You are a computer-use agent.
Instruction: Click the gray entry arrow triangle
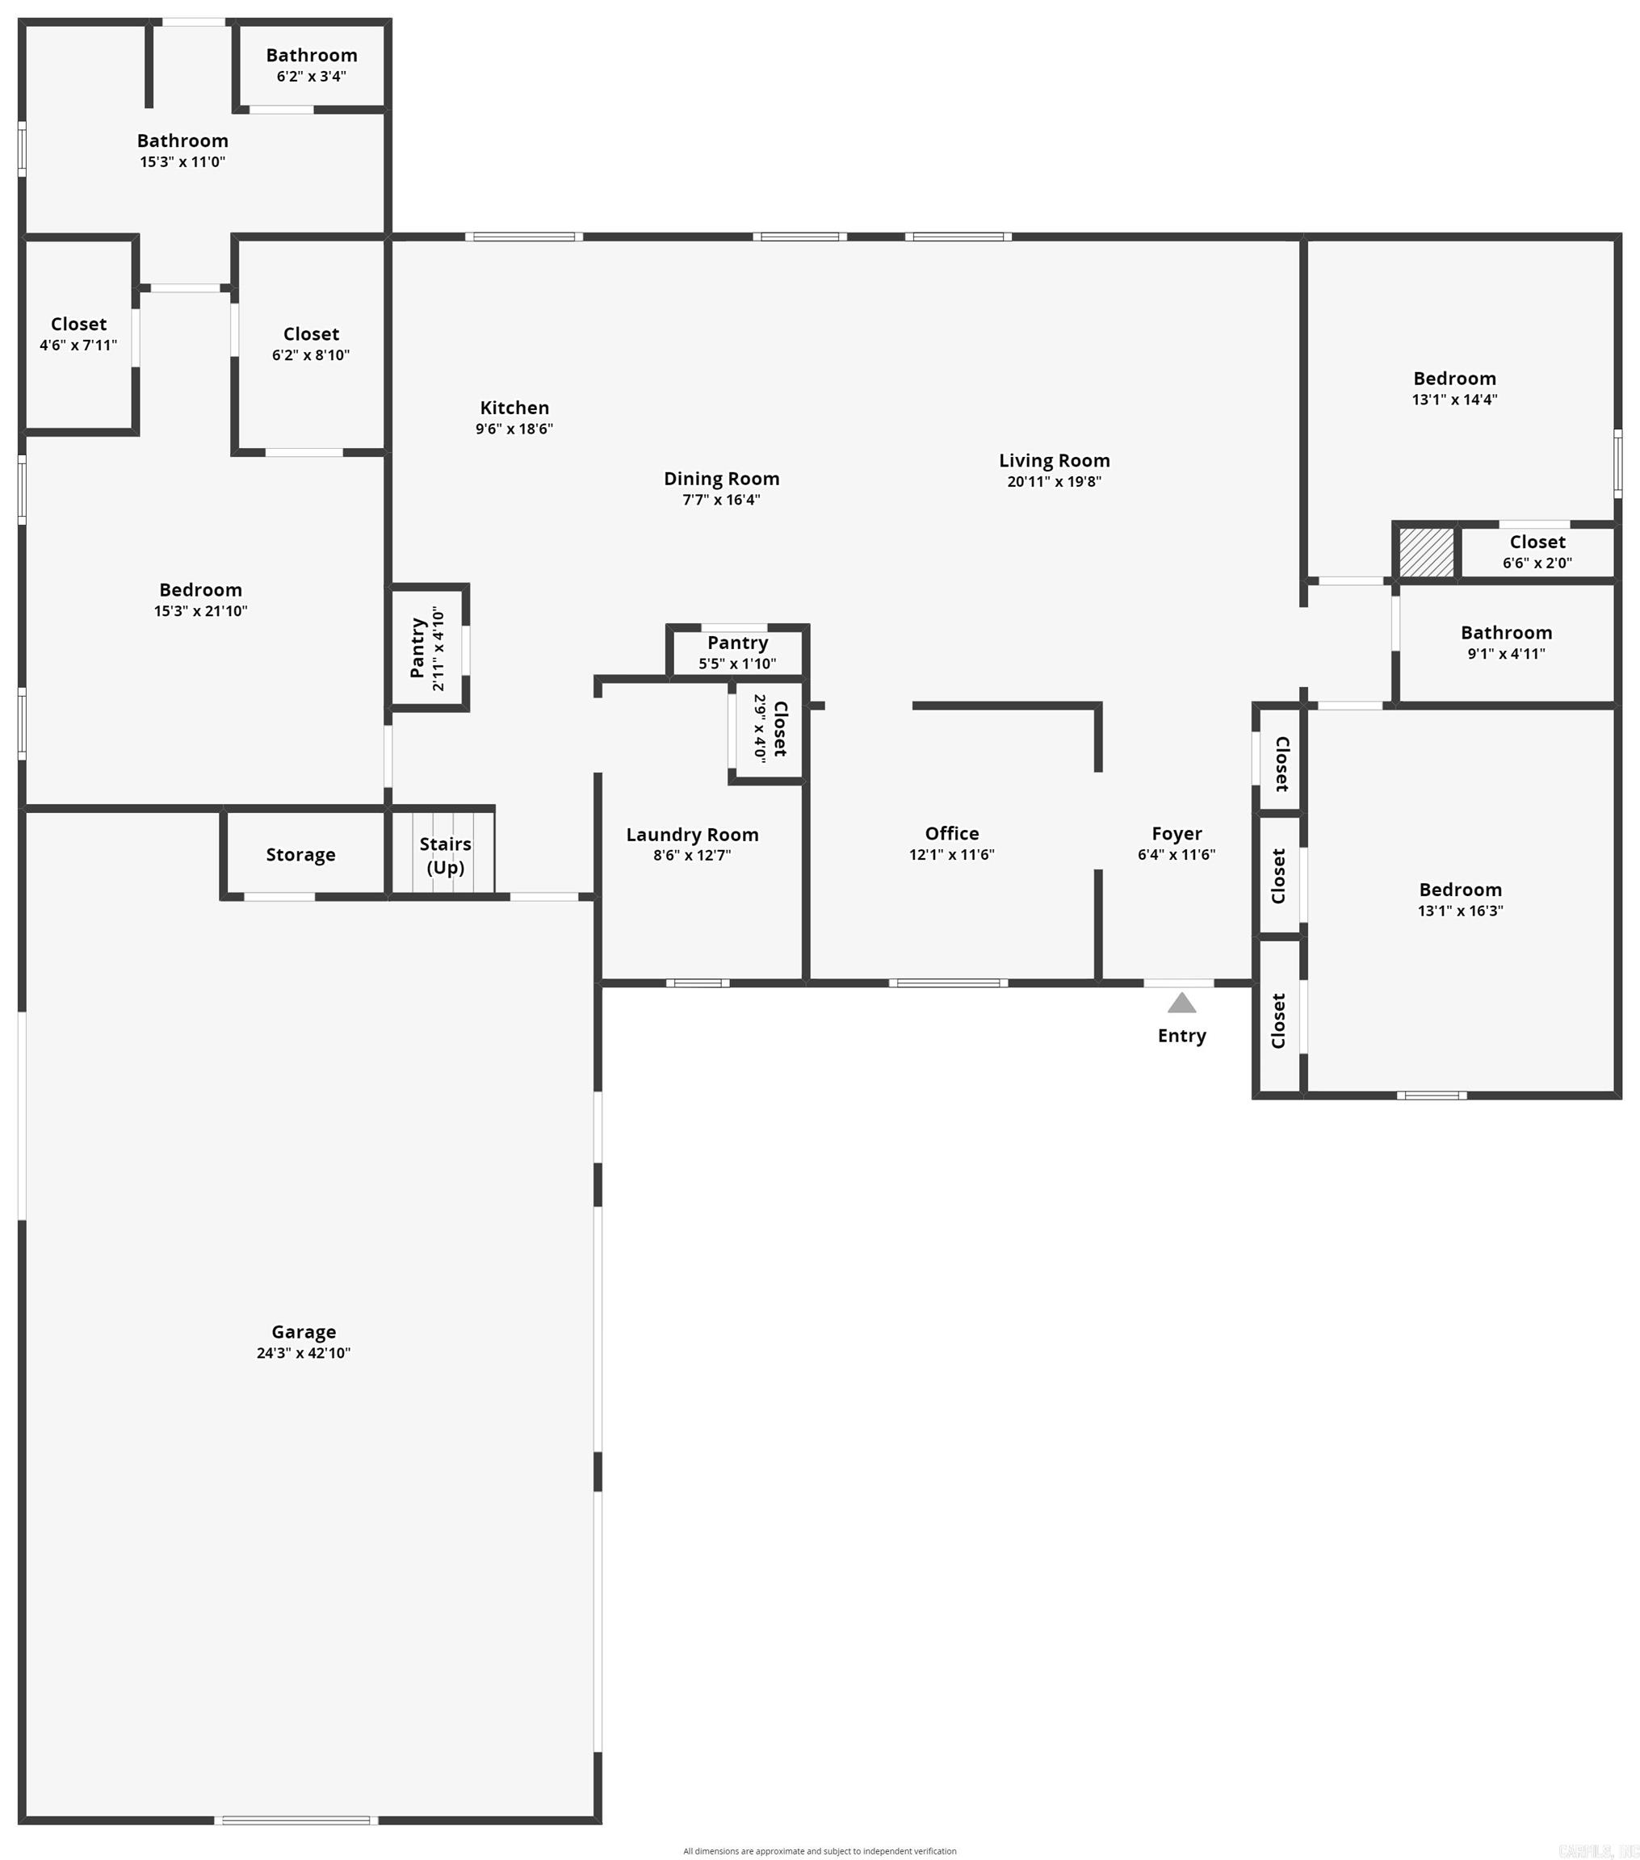1181,1003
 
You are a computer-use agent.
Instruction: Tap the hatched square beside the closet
1426,551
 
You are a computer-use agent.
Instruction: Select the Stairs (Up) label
445,856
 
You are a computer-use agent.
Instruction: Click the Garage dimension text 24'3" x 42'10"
303,1352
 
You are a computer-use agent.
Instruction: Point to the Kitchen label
514,408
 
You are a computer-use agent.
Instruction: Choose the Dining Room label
721,479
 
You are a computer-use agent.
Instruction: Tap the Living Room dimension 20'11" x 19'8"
1054,481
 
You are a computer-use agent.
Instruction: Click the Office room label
952,834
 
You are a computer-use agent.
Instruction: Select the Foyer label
1177,834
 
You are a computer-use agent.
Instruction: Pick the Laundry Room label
692,835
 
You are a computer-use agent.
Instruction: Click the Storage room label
300,854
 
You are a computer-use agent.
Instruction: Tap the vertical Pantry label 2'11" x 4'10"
427,649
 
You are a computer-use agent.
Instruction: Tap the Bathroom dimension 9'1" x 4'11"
1506,653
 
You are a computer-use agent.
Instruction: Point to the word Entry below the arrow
1181,1036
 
